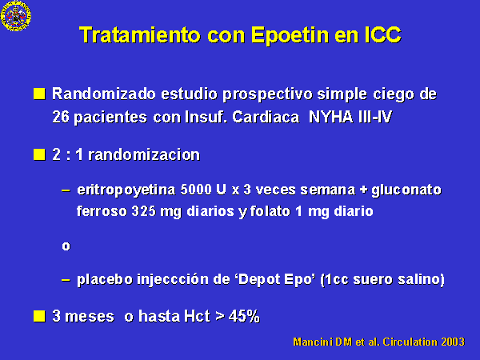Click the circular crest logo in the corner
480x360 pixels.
[x=16, y=15]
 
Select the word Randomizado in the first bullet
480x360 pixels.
[x=104, y=94]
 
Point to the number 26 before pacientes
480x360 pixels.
[x=60, y=117]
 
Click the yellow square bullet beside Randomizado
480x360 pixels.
[x=39, y=94]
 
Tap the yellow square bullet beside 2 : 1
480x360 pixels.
[x=39, y=154]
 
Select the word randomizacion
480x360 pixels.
[x=144, y=154]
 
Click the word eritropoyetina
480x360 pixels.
[x=126, y=190]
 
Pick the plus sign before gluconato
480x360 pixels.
[x=363, y=190]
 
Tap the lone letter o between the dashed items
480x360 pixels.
[x=66, y=246]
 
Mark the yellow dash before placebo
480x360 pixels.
[x=66, y=280]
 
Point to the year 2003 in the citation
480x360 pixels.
[x=453, y=342]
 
